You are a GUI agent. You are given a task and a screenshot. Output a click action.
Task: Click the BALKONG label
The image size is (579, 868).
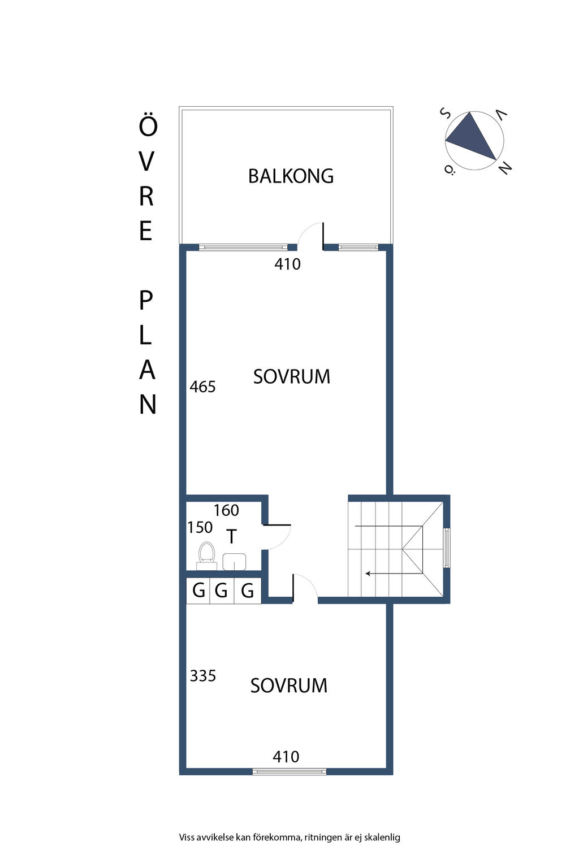tap(291, 176)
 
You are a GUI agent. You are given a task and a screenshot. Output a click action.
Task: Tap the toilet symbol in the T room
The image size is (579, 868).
tap(206, 554)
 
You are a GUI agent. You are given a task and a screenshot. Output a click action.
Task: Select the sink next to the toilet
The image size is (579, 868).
tap(234, 561)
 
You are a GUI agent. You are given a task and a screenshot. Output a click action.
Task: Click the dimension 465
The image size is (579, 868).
tap(202, 387)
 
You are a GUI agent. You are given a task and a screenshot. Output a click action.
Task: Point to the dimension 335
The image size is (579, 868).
tap(202, 676)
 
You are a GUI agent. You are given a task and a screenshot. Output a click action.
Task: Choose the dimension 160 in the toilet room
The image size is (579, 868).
tap(226, 511)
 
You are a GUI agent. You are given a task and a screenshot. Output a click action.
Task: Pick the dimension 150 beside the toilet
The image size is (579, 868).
tap(200, 528)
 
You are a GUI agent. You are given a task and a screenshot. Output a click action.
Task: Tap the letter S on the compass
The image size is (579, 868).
tap(445, 114)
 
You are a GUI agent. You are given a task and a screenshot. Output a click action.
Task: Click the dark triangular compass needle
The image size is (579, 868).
tap(473, 137)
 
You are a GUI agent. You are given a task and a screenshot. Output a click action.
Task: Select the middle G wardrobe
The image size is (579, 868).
tap(221, 591)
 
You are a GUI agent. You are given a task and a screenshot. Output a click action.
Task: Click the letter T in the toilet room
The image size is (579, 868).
tap(231, 536)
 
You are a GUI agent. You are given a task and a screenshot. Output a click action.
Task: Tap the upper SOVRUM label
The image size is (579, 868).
tap(291, 377)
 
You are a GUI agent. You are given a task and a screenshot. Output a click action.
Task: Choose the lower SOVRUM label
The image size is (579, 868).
tap(288, 686)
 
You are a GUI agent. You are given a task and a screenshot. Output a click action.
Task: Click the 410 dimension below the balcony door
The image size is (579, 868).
tap(287, 264)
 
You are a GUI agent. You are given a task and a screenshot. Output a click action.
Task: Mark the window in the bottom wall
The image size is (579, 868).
tap(289, 771)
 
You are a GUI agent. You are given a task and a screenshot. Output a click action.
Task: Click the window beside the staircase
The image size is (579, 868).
tap(447, 548)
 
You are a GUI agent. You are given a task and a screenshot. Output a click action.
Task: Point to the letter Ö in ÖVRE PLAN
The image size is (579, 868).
tap(148, 125)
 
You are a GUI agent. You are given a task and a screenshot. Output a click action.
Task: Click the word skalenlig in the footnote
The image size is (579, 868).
tap(382, 837)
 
